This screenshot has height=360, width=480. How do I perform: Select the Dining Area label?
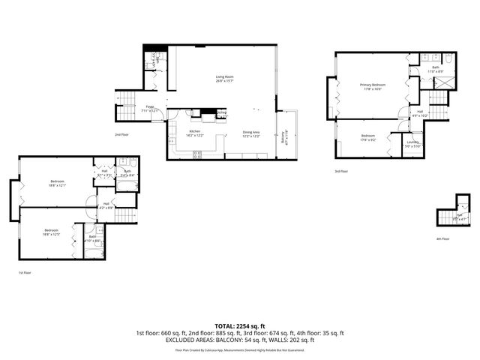251,133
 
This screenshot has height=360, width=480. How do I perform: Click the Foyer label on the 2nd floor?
151,109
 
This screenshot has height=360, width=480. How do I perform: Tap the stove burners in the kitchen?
198,154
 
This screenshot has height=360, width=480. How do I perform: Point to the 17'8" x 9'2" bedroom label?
367,136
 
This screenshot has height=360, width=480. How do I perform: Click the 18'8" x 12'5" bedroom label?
51,232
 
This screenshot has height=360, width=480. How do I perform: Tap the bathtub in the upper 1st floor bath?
126,184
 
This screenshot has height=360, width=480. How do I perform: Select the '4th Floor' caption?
442,238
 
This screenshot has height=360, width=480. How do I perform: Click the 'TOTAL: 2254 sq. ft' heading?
240,326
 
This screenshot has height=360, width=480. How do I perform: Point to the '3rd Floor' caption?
341,171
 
